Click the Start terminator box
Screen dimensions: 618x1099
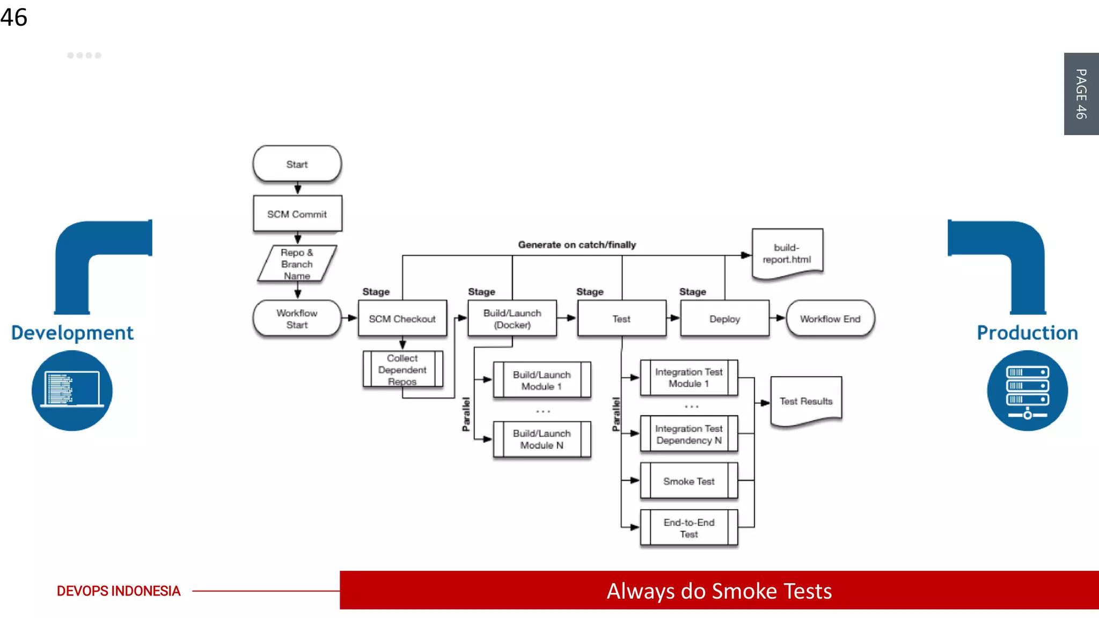297,164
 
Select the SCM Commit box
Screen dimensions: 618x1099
297,214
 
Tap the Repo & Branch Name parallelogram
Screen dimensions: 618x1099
297,263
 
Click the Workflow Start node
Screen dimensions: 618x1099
297,319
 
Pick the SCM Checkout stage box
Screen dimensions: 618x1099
402,319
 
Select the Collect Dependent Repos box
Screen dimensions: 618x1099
402,369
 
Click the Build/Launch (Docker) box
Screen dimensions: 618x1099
512,319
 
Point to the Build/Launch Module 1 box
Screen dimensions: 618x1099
541,380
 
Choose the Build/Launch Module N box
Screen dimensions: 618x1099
541,439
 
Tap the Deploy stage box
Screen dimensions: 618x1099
724,319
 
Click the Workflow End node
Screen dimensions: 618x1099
830,319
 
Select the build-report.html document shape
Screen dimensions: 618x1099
787,253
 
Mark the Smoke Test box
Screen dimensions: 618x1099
688,481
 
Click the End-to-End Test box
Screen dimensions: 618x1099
688,528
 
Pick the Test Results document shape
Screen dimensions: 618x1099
805,401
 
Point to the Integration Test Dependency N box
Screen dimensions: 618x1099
688,434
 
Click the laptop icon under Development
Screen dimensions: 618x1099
72,391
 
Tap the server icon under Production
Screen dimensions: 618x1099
1027,391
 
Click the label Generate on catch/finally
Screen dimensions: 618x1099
577,245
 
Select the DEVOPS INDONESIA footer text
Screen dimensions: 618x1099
119,591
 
